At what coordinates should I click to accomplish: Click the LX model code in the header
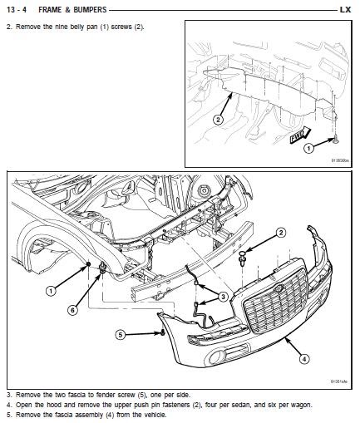coord(345,10)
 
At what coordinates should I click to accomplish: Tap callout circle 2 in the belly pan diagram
coord(218,119)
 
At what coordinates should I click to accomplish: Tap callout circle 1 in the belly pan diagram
coord(308,149)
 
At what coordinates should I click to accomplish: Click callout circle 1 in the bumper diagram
coord(51,291)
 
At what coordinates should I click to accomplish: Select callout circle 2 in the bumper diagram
coord(281,232)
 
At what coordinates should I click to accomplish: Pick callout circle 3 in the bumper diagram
coord(224,297)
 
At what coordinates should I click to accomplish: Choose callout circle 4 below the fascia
coord(304,359)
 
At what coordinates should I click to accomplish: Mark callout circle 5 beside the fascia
coord(121,334)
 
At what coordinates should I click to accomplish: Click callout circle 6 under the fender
coord(72,310)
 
